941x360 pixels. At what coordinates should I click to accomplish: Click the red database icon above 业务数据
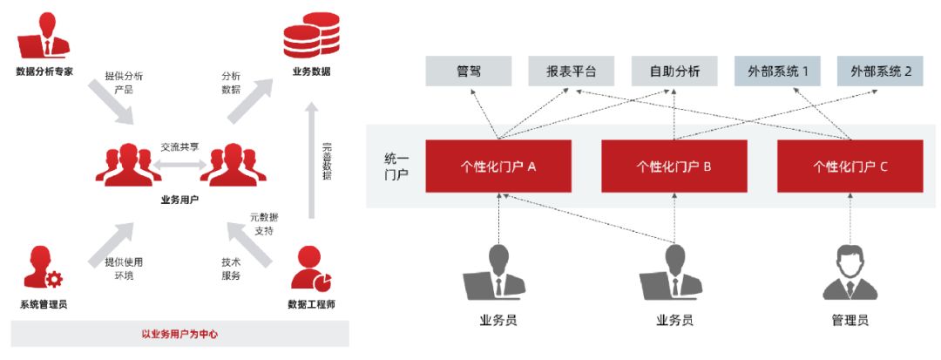311,37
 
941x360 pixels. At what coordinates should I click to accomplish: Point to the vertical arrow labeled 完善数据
311,161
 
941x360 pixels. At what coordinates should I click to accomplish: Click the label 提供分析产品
123,82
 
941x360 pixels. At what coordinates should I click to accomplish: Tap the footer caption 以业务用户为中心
179,333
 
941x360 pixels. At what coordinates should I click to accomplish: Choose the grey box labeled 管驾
469,71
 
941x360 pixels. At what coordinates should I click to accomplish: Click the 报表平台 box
572,71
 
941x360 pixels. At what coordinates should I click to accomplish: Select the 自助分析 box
674,71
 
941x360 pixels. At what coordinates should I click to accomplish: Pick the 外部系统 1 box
777,71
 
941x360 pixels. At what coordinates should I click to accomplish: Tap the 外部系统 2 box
881,71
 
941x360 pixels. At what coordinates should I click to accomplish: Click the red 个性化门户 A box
498,165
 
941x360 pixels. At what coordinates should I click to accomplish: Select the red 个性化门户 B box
674,165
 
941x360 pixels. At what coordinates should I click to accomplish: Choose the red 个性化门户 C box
850,165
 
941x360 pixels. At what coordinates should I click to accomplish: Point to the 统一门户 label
396,166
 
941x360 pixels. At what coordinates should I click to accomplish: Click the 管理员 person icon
850,271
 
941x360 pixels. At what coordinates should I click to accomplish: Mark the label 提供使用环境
123,268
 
